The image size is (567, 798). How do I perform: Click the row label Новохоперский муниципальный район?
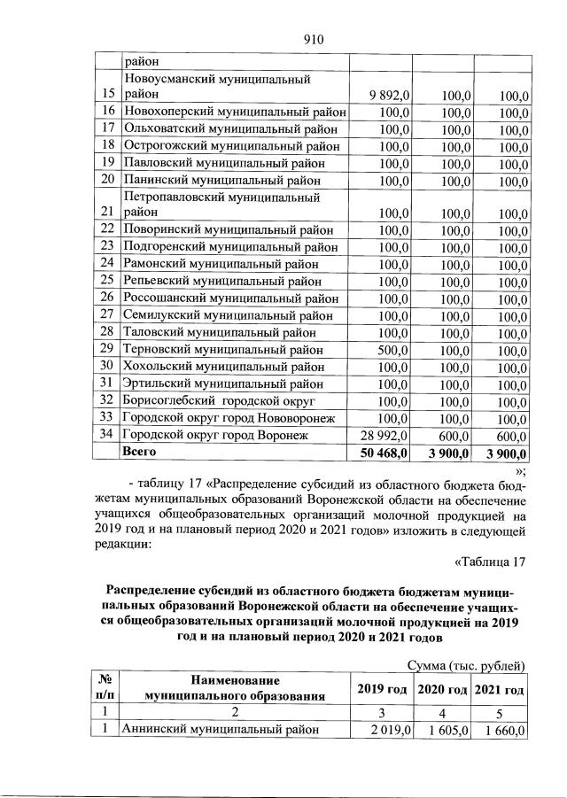[233, 112]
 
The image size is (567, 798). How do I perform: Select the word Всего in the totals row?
[139, 452]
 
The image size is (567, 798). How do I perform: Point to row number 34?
[108, 435]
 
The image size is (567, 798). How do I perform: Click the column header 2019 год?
[381, 689]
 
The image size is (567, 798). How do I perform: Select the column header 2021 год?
[501, 689]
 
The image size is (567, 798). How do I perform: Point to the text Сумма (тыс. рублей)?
[467, 665]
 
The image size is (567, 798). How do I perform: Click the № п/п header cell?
[104, 688]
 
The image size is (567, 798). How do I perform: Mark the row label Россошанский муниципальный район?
[231, 298]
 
